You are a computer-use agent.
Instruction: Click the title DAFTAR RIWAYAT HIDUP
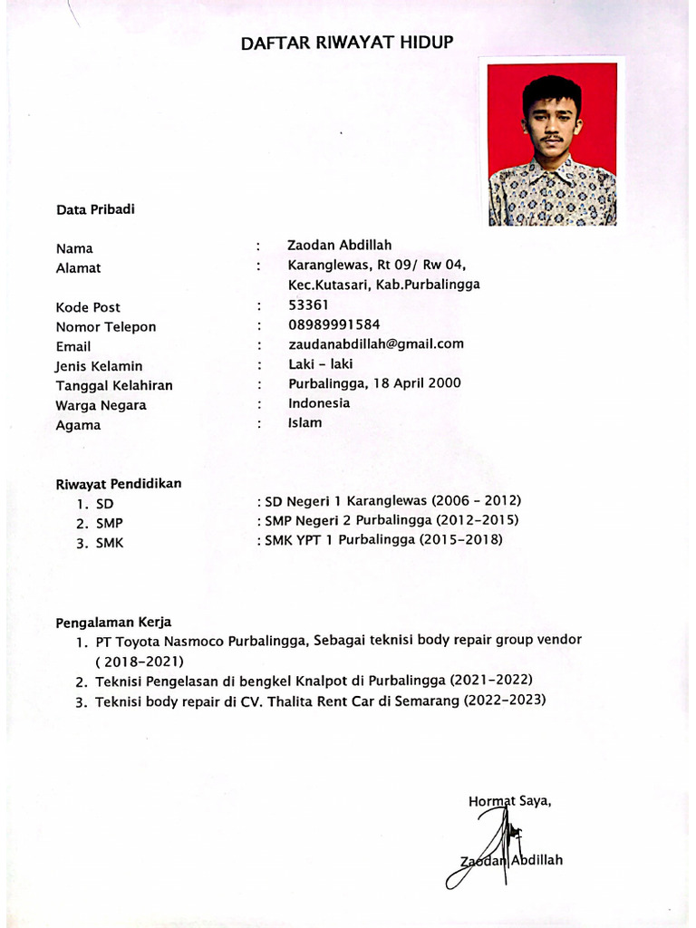pos(347,43)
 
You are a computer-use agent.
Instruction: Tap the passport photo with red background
pos(552,144)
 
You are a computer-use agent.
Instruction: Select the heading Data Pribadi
pos(95,209)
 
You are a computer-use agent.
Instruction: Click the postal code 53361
pos(308,305)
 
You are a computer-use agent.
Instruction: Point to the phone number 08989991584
pos(333,324)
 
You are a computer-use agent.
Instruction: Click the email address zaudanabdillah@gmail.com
pos(376,343)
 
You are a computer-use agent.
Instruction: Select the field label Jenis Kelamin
pos(99,366)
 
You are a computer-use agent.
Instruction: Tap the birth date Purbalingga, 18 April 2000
pos(374,383)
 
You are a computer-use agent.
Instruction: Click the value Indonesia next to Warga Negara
pos(319,403)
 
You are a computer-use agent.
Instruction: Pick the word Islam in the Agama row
pos(304,422)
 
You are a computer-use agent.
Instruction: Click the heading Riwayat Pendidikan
pos(119,484)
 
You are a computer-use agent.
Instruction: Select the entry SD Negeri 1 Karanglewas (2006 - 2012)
pos(390,500)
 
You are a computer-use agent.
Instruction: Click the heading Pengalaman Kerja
pos(113,623)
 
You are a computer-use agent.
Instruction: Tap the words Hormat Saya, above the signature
pos(510,801)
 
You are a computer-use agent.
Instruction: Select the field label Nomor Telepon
pos(105,327)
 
